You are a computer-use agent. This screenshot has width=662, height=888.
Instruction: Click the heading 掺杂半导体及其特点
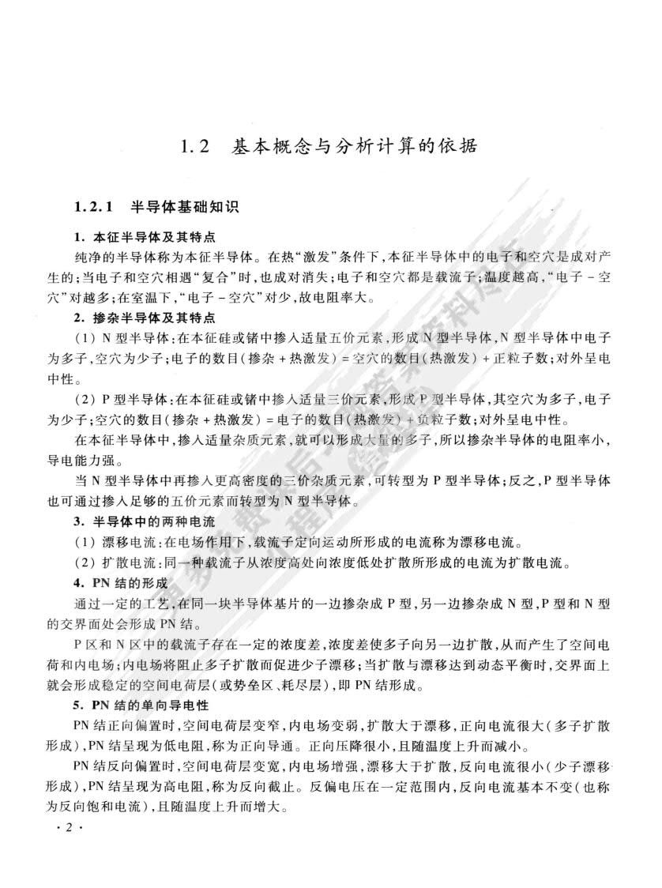click(x=155, y=318)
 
